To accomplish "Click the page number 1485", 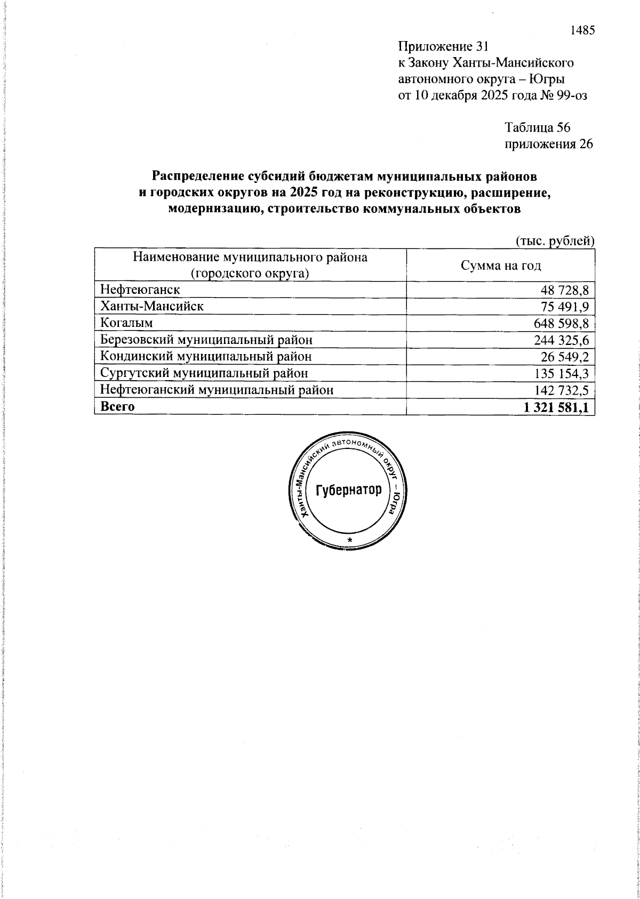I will tap(582, 30).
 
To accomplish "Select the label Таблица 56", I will tap(538, 127).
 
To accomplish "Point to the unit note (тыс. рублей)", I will tap(555, 241).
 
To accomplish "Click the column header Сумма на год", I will tap(501, 265).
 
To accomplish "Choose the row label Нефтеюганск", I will tap(140, 290).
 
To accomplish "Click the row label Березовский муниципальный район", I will tap(206, 340).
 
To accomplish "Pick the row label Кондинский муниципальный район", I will tap(206, 356).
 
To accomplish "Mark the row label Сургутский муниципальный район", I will tap(204, 373).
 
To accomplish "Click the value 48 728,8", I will tap(565, 290).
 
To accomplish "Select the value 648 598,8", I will tap(561, 323).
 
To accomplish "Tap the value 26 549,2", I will tap(565, 357).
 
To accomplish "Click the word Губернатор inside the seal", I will tap(349, 490).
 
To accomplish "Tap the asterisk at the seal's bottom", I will tap(350, 541).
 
